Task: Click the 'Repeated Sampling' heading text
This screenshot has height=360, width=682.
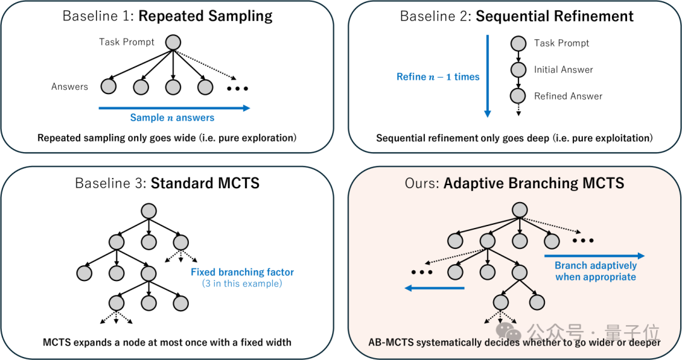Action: point(205,16)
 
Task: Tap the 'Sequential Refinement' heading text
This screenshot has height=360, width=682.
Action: point(554,16)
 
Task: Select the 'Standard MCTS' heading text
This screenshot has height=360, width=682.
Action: point(205,183)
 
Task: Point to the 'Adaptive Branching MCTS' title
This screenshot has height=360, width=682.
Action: point(534,183)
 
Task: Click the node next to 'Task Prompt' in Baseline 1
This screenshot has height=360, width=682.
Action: point(173,42)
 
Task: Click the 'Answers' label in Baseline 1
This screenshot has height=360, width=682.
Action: point(69,87)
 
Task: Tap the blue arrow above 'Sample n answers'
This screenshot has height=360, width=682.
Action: point(174,108)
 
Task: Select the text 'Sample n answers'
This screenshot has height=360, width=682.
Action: point(172,117)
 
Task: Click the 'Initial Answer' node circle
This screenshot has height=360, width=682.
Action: point(518,69)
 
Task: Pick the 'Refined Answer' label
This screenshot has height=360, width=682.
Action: point(568,96)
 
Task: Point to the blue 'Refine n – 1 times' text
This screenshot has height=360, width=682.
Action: point(438,77)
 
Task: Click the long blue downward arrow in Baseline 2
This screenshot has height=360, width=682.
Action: point(488,76)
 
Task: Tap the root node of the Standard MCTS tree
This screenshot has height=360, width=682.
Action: point(149,212)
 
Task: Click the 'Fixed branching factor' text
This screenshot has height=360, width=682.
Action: point(242,272)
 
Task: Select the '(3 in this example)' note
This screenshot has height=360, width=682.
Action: point(242,284)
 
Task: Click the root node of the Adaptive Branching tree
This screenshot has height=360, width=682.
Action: point(520,210)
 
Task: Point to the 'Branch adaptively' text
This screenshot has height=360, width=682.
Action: point(595,265)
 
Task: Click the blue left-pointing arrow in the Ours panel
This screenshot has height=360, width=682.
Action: point(434,288)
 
